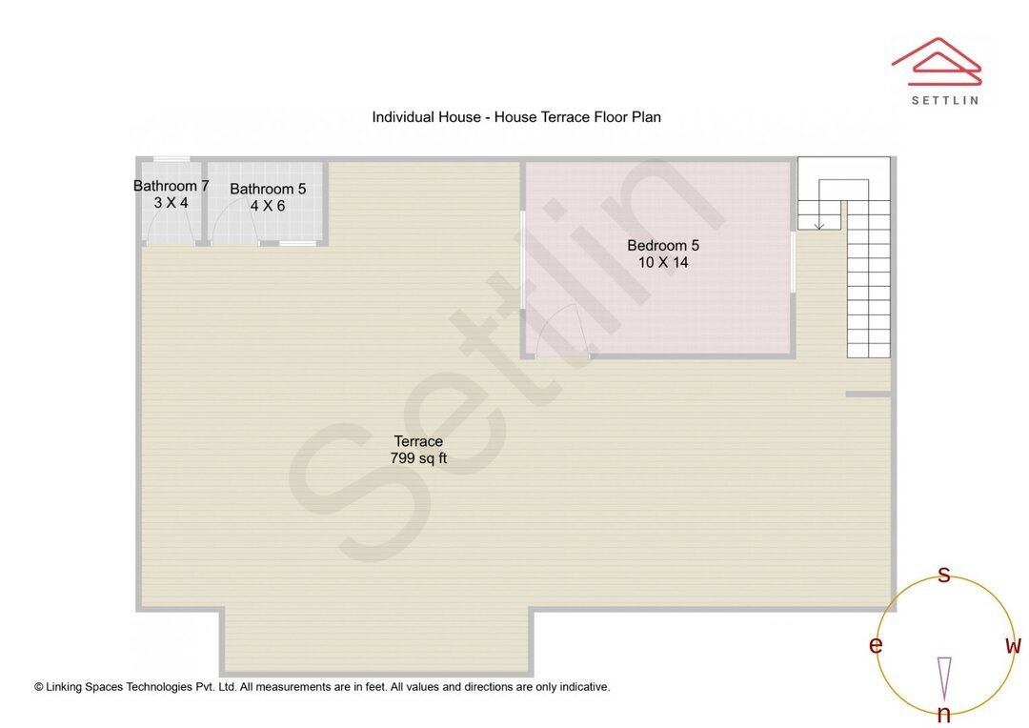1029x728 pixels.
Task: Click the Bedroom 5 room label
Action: point(663,246)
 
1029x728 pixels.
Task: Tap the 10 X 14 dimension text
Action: point(663,262)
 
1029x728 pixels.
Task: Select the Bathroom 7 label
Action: point(171,186)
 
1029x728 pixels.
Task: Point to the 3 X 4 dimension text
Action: point(171,203)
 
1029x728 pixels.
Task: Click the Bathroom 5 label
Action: point(268,189)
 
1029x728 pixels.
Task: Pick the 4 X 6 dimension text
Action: point(268,206)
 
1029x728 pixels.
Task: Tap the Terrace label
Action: point(418,441)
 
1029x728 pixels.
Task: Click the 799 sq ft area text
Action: point(418,458)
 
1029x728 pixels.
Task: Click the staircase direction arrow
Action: point(818,222)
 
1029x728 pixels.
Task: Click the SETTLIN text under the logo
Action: point(944,100)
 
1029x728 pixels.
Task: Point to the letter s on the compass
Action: point(944,575)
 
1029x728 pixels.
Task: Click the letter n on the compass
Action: point(944,715)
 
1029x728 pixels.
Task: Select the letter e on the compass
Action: point(876,645)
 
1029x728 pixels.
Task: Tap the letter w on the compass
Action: point(1013,645)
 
